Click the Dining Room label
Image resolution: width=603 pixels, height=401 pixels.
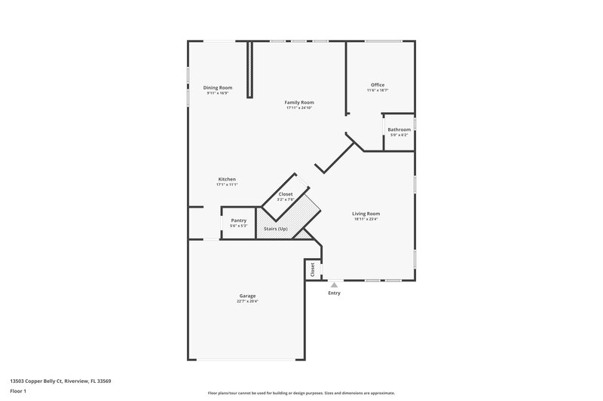(x=218, y=87)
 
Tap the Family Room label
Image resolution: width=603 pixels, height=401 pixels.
(x=299, y=102)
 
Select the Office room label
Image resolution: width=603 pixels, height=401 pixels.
(x=378, y=84)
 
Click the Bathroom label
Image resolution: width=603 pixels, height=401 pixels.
(x=399, y=129)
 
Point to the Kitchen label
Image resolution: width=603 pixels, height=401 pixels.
(x=227, y=179)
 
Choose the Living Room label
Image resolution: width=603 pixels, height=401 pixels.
(x=366, y=214)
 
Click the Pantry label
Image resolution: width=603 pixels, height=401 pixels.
(x=238, y=220)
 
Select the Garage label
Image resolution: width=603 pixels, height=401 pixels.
(x=247, y=296)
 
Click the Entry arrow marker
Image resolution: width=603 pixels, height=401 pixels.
(x=334, y=284)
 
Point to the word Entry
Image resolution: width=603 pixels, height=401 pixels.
(x=334, y=293)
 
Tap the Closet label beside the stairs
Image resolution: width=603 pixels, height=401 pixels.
(x=286, y=194)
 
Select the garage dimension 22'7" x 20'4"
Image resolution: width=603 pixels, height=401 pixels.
(x=247, y=301)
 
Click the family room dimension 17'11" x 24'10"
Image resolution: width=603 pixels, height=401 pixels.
(x=299, y=108)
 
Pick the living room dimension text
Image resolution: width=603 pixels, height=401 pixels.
(x=366, y=219)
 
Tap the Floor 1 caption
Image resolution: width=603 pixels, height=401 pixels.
(x=19, y=392)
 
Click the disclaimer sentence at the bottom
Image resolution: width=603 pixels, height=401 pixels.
(x=301, y=393)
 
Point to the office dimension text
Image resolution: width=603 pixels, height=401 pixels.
(x=378, y=90)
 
